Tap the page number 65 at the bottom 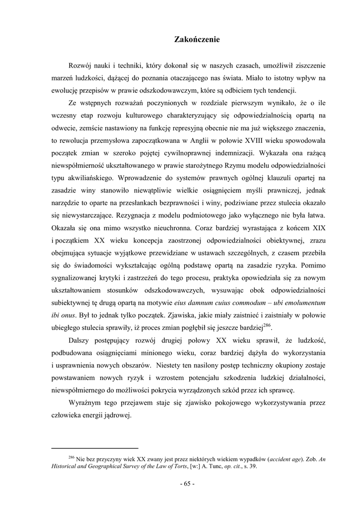point(187,484)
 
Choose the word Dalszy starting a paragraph point(79,341)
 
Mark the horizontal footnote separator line point(94,448)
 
